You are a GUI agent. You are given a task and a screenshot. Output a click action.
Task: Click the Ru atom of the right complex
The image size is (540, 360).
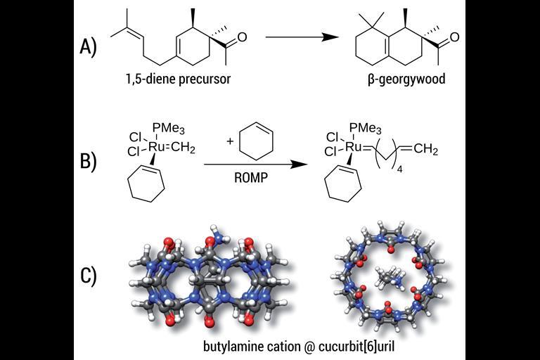[354, 145]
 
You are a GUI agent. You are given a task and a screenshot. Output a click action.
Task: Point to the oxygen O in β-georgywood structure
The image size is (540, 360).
[455, 37]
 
